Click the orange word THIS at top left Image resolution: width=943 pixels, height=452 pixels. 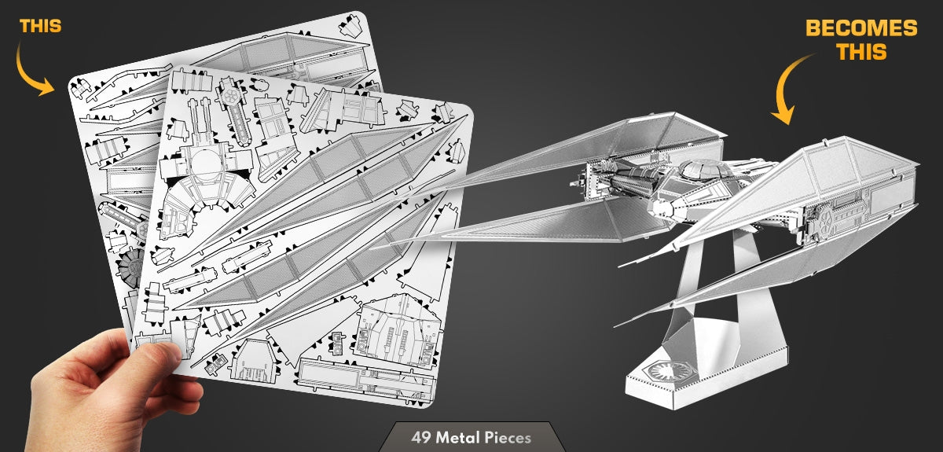coord(40,26)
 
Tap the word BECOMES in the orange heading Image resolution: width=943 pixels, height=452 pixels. coord(861,28)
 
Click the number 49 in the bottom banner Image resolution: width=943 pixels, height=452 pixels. coord(421,437)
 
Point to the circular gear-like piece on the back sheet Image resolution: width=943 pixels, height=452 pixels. coord(130,266)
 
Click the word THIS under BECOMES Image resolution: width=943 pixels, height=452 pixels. coord(861,52)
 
